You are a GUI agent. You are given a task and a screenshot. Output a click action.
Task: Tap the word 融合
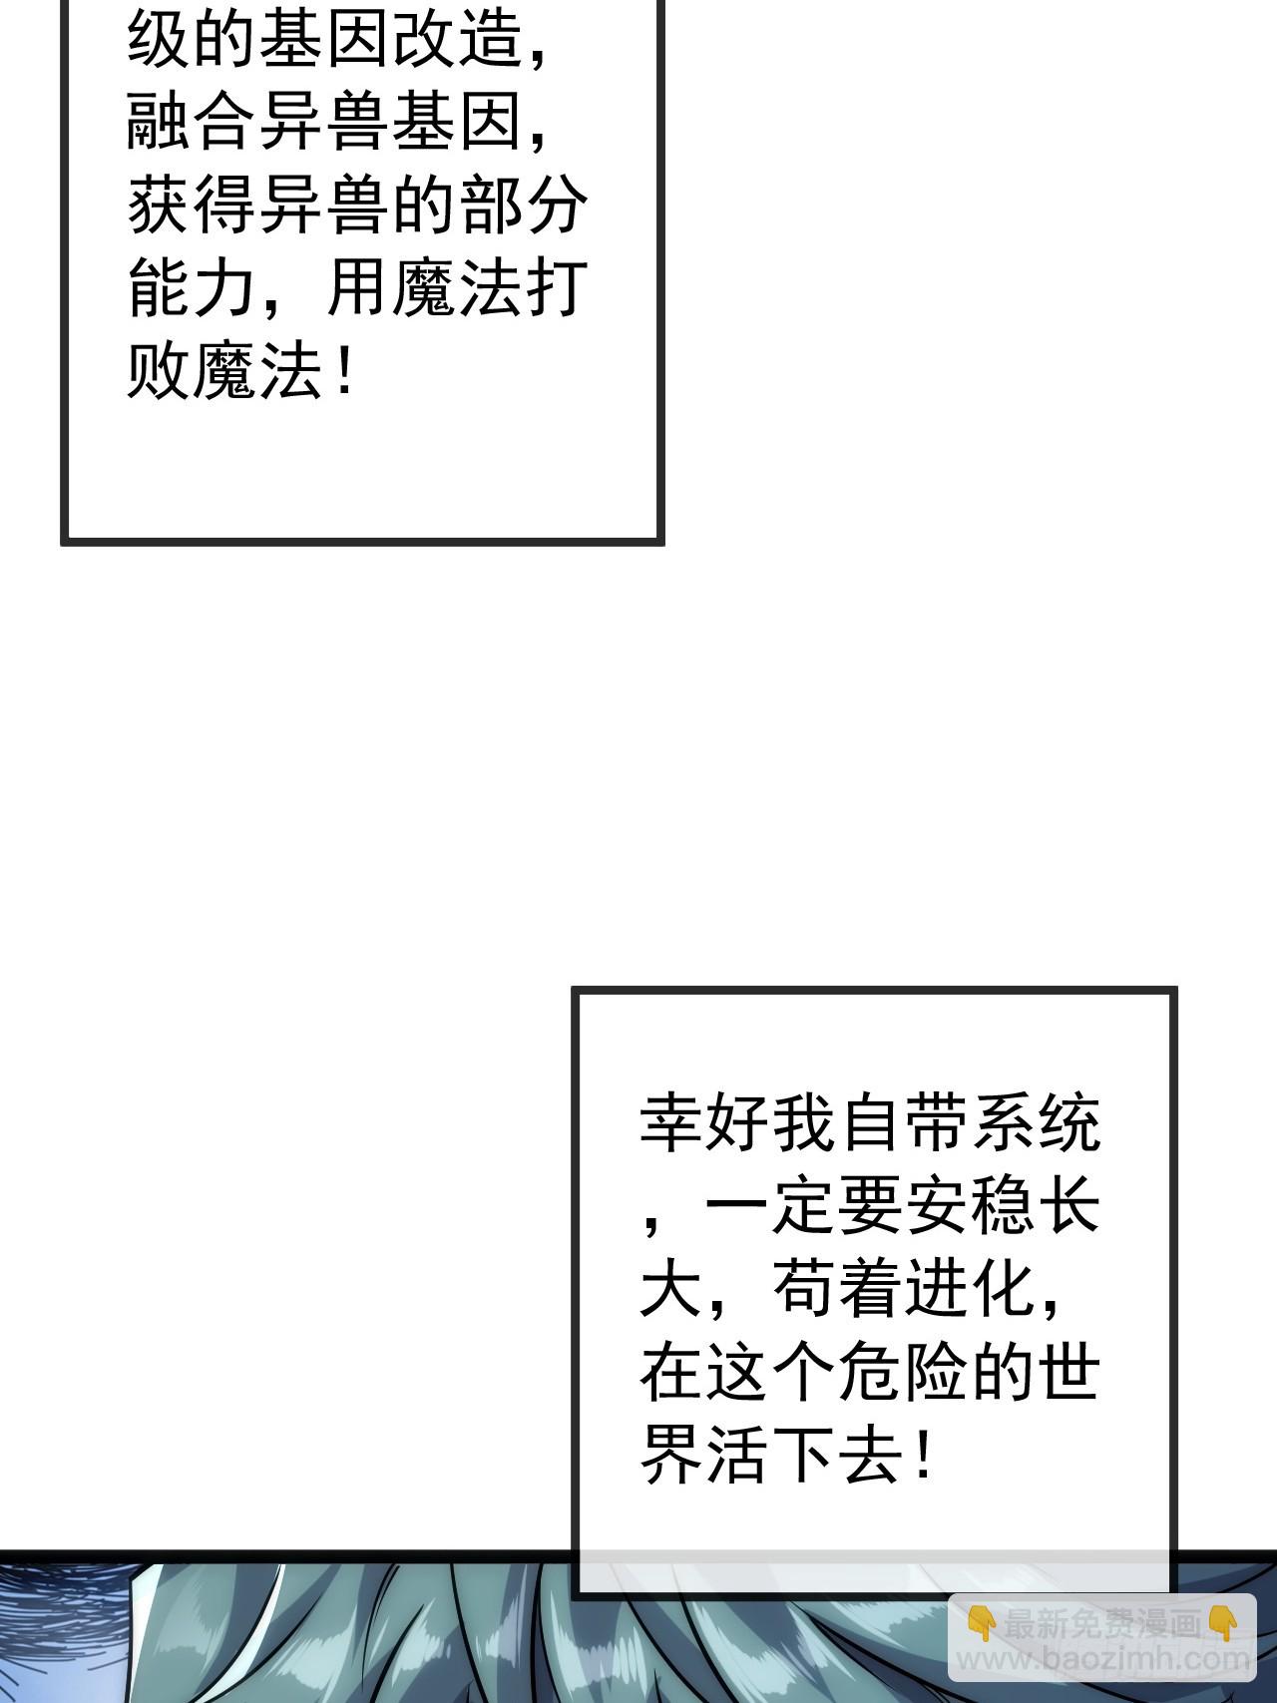tap(193, 125)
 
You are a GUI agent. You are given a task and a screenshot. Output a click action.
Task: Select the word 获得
tap(193, 208)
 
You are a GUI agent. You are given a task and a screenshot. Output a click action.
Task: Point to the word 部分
tap(523, 208)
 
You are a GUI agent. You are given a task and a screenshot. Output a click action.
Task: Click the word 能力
tap(193, 290)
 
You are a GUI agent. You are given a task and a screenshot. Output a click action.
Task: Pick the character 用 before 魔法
tap(358, 290)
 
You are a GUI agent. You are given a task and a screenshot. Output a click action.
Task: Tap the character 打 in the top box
tap(556, 290)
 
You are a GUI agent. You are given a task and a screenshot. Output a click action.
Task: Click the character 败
tap(160, 373)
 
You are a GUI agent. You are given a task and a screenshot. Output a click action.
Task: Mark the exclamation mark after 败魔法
tap(344, 373)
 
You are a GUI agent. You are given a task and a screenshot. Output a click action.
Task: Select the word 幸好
tap(704, 1123)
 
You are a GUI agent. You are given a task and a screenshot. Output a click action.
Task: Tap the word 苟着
tap(837, 1289)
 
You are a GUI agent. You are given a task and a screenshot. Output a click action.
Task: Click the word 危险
tap(903, 1372)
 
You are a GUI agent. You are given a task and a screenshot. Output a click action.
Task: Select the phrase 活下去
tap(804, 1456)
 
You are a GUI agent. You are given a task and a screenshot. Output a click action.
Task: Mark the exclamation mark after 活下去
tap(923, 1456)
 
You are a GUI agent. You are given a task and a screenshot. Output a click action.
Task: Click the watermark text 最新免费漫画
tap(1102, 1625)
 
